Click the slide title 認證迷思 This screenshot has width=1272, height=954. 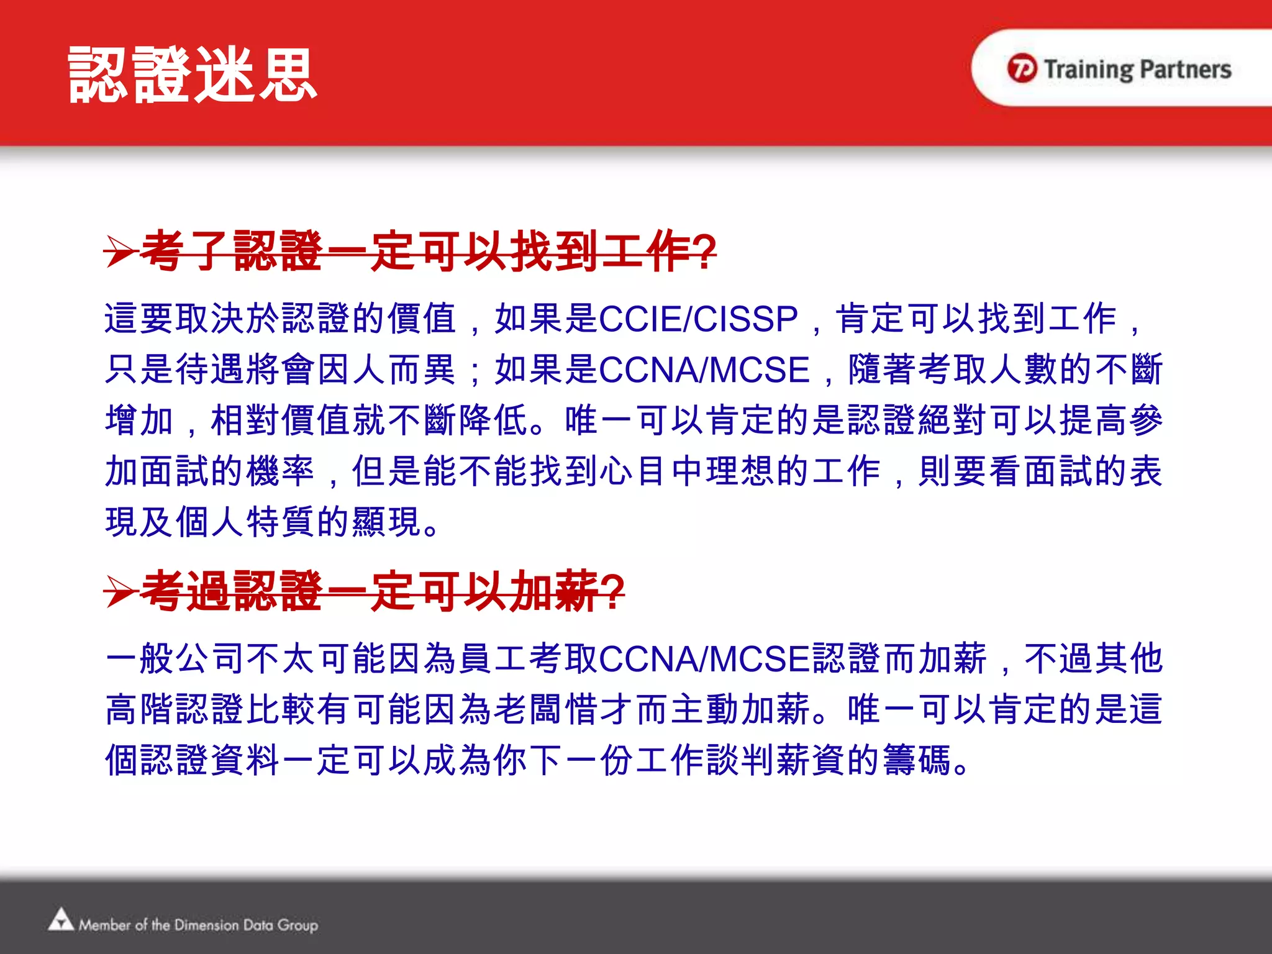pos(193,76)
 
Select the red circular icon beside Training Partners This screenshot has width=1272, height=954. pos(1022,68)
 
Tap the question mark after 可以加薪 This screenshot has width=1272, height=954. pos(612,592)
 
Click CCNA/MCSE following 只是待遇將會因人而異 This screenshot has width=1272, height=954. pos(704,370)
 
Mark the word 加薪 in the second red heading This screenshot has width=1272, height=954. pos(553,591)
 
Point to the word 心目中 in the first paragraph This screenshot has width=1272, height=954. pos(652,471)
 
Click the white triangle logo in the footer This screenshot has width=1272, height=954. pos(61,920)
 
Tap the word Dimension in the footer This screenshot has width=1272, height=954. pos(206,925)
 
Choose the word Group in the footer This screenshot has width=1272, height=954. pos(298,925)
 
